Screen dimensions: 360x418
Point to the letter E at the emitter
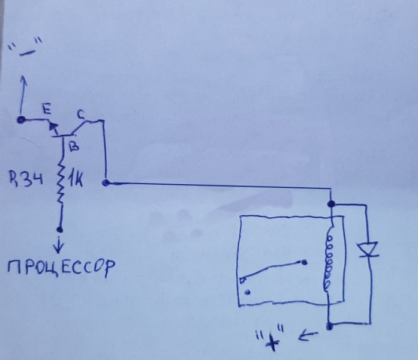[x=46, y=110]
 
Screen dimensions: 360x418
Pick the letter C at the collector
[x=82, y=113]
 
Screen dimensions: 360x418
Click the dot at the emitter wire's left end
[x=21, y=120]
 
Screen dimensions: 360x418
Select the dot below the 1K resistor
[x=60, y=229]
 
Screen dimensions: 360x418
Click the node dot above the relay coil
[x=331, y=204]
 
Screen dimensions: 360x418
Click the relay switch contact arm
[x=270, y=270]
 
